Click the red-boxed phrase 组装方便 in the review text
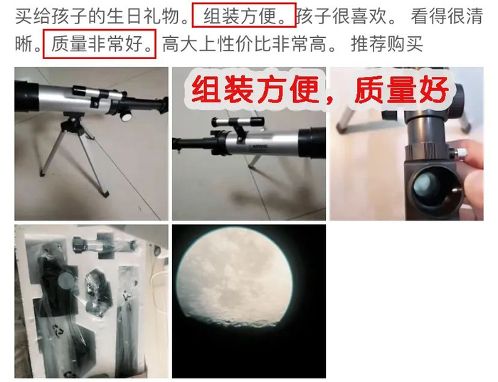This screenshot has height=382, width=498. pos(240,16)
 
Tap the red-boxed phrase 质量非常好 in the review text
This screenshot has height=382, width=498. pos(97,43)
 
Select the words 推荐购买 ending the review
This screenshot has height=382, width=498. pos(387,43)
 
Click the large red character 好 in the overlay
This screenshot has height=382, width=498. pos(434,90)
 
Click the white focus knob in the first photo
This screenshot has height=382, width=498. pos(126,116)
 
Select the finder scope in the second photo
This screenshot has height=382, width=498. pos(238,123)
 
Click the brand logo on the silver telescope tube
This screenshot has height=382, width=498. pos(258,147)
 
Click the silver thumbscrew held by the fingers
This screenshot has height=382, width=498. pos(460,153)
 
